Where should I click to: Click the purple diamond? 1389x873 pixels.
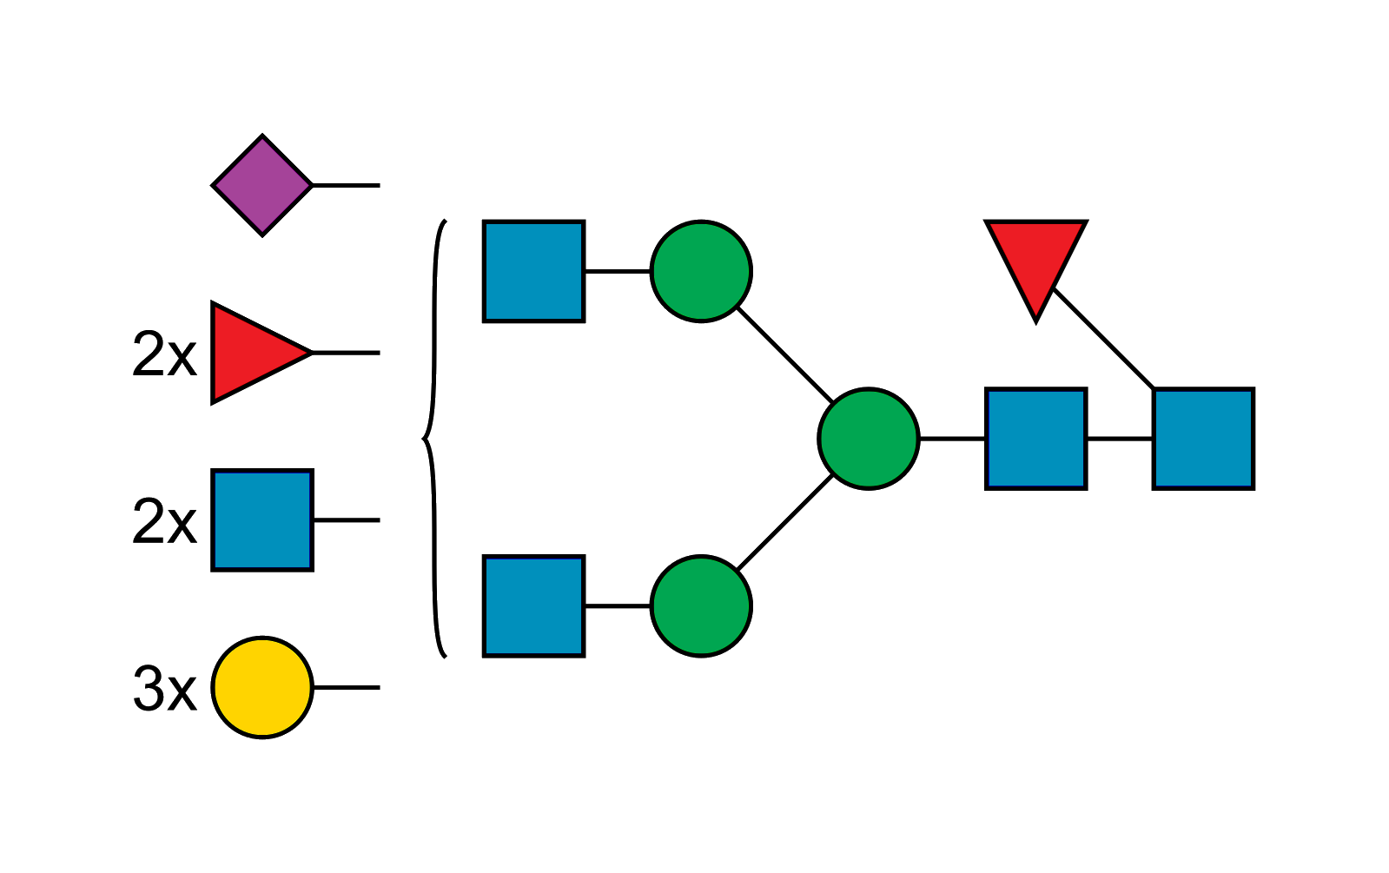pyautogui.click(x=262, y=185)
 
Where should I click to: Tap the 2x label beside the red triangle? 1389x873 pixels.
pyautogui.click(x=164, y=354)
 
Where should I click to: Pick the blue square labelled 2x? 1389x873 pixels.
pyautogui.click(x=261, y=521)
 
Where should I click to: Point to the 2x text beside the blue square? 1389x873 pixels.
pyautogui.click(x=164, y=522)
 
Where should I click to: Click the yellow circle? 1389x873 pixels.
pyautogui.click(x=262, y=688)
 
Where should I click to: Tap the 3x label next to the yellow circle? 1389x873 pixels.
pyautogui.click(x=164, y=690)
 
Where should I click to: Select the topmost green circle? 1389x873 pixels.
pyautogui.click(x=701, y=271)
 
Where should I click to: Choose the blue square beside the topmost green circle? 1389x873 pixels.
pyautogui.click(x=533, y=271)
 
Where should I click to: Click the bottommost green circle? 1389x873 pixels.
pyautogui.click(x=701, y=605)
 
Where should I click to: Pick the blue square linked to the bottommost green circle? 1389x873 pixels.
pyautogui.click(x=533, y=605)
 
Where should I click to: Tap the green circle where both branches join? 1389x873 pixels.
pyautogui.click(x=868, y=439)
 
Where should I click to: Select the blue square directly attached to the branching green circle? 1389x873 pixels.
pyautogui.click(x=1036, y=439)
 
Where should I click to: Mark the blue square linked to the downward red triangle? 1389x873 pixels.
pyautogui.click(x=1203, y=439)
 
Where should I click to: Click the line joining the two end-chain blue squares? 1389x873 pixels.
pyautogui.click(x=1120, y=440)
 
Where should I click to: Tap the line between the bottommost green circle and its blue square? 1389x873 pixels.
pyautogui.click(x=618, y=606)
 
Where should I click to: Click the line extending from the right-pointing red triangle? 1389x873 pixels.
pyautogui.click(x=346, y=353)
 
